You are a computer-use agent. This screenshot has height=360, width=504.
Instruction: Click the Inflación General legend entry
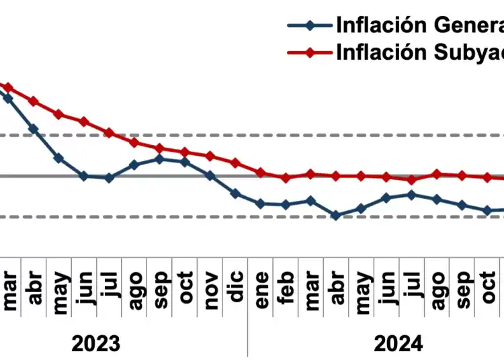point(396,26)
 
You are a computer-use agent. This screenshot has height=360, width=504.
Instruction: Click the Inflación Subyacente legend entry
point(396,52)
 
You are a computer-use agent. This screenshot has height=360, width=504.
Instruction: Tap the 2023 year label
point(96,344)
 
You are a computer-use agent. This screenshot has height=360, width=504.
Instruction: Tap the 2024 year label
point(398,344)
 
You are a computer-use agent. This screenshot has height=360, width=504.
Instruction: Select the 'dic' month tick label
point(236,286)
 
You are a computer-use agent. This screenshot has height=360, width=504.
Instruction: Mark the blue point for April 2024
point(335,216)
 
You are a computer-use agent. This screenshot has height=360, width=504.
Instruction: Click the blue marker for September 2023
point(159,159)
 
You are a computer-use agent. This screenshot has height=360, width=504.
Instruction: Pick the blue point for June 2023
point(83,176)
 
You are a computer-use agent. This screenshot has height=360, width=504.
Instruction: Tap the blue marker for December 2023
point(235,193)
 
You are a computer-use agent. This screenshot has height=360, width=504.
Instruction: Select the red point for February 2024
point(286,178)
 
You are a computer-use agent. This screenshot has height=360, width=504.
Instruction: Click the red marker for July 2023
point(109,133)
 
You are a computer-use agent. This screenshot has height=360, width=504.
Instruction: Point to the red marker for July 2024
point(412,180)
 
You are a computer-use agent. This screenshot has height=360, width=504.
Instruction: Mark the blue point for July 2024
point(412,195)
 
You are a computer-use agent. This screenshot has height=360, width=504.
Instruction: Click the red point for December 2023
point(235,163)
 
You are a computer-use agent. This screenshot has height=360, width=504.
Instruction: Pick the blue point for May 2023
point(58,158)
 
